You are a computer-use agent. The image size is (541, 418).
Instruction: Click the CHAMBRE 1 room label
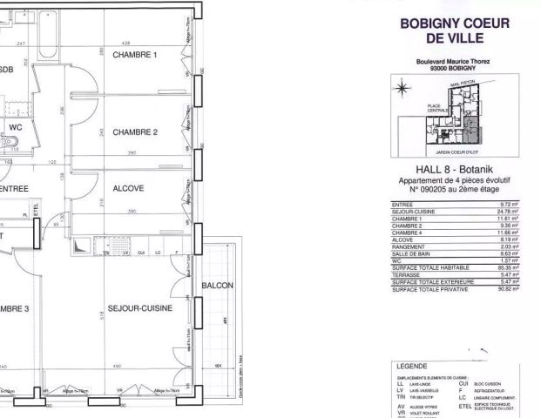point(138,56)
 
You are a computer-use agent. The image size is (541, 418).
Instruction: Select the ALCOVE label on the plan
point(128,188)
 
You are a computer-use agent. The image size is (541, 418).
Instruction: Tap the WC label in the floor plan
point(15,127)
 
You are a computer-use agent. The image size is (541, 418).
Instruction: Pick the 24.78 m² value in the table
point(508,211)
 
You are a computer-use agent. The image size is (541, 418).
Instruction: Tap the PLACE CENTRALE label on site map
point(438,110)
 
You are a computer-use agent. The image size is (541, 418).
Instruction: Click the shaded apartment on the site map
point(471,131)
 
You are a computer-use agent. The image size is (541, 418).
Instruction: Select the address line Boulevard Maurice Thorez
point(454,62)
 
